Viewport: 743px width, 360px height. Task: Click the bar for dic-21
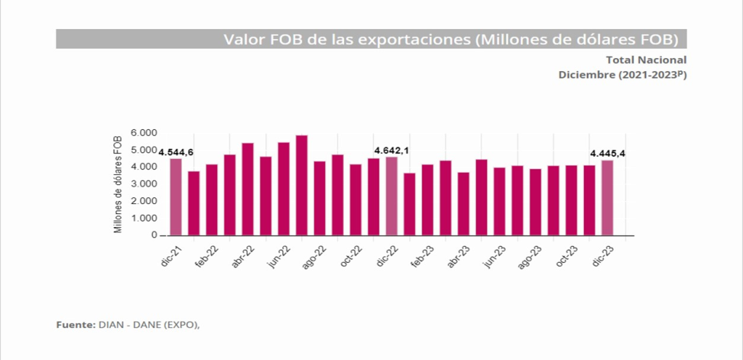point(176,197)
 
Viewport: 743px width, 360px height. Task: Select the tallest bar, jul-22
point(302,185)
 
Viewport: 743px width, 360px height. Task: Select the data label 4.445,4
point(609,153)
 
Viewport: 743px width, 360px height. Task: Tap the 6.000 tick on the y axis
point(144,133)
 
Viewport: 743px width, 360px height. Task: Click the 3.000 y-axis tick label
point(144,184)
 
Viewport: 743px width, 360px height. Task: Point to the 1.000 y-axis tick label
point(144,218)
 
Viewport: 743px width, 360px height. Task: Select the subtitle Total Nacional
point(646,60)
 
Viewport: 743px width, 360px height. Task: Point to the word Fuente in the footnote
point(75,324)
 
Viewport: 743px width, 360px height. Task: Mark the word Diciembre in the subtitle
point(586,75)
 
